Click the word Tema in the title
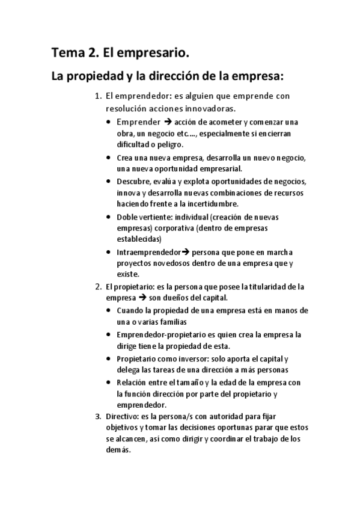pyautogui.click(x=67, y=54)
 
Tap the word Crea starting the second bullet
pyautogui.click(x=126, y=158)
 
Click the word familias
pyautogui.click(x=181, y=322)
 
